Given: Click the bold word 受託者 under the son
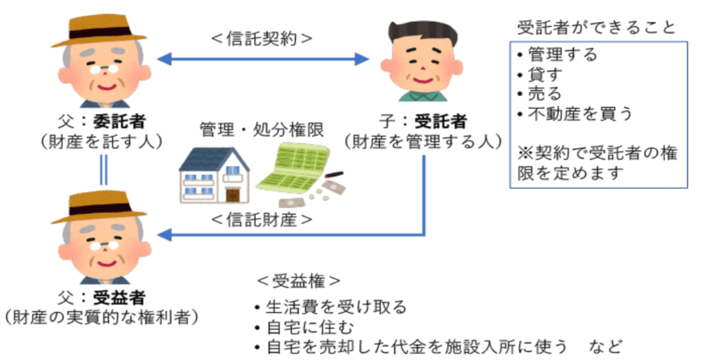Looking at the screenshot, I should (x=439, y=122).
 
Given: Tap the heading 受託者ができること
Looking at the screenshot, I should (x=596, y=27).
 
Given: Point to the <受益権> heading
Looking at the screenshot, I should (x=298, y=281).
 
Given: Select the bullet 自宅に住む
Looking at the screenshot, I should (x=308, y=326).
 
